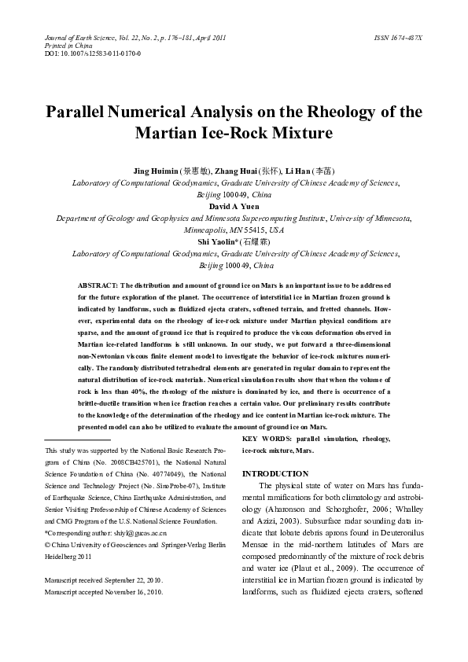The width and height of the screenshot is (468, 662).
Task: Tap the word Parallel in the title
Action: (x=79, y=111)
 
